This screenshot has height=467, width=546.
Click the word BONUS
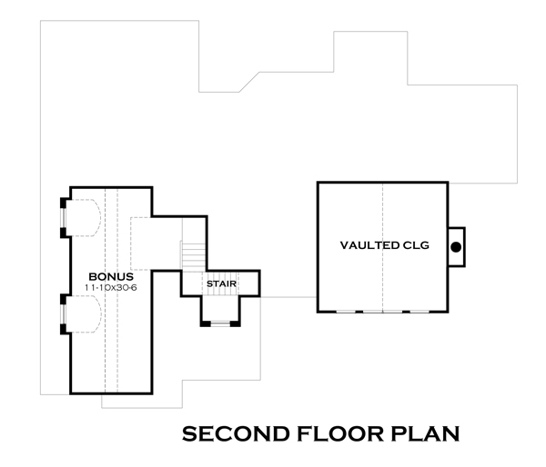click(111, 275)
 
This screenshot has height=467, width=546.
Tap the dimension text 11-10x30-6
click(110, 287)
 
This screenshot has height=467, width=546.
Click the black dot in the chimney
click(457, 246)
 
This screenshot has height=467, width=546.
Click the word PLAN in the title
click(427, 433)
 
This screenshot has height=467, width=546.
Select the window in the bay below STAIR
click(220, 323)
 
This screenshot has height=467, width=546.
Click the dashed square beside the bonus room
click(141, 240)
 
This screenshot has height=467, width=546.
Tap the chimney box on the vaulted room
click(456, 246)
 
